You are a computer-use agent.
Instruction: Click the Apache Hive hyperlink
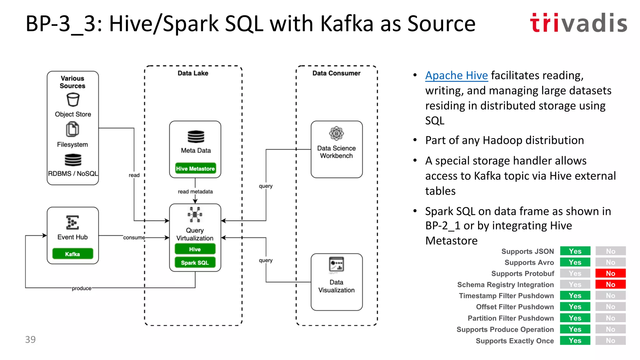click(456, 76)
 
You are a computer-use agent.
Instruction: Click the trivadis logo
click(578, 23)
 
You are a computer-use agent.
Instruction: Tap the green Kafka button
click(72, 254)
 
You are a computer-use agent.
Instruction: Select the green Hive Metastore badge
click(195, 168)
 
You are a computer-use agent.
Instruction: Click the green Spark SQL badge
click(195, 262)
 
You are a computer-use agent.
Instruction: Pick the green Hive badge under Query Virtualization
click(195, 249)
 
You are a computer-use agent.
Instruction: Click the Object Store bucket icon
click(73, 100)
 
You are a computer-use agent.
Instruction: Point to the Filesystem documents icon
click(72, 129)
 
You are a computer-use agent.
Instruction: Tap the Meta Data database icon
click(196, 137)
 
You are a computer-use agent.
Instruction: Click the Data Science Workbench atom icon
click(336, 134)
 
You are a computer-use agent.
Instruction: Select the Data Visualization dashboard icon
click(336, 265)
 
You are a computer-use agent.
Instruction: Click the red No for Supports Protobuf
click(610, 273)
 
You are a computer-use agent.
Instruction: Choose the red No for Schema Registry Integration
click(610, 284)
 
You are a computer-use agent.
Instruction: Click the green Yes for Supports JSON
click(575, 251)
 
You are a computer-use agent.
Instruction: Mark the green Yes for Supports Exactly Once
click(575, 341)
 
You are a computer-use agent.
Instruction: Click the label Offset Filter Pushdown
click(515, 307)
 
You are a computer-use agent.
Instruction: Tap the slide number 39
click(30, 339)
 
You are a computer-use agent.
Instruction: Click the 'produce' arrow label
click(82, 288)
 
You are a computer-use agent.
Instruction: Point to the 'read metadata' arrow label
click(195, 192)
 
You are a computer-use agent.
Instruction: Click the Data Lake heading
click(193, 73)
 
